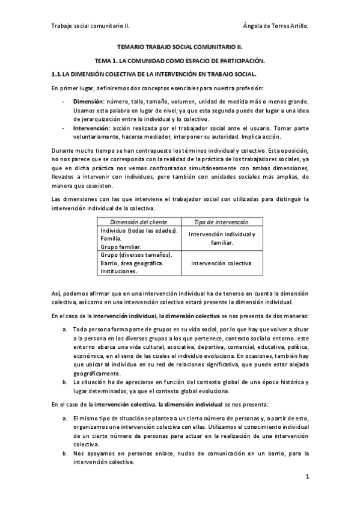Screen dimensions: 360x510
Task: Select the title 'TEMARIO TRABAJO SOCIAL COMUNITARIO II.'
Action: tap(180, 46)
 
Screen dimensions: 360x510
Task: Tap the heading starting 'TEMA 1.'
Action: tap(180, 61)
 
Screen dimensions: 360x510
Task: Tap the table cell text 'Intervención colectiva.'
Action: tap(221, 263)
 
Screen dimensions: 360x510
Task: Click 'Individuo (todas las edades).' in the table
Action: tap(139, 230)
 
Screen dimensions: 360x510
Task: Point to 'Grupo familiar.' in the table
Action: tap(121, 247)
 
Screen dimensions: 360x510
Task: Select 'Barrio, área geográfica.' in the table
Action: tap(133, 263)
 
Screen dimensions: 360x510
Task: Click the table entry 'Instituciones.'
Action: tap(118, 271)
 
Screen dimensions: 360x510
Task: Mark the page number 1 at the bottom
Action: tap(307, 477)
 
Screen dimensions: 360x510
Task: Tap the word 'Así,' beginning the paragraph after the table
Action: tap(57, 293)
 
